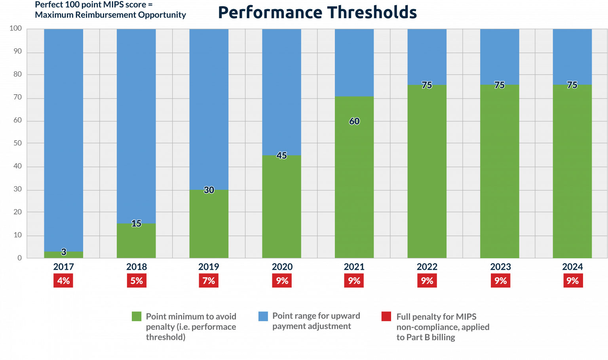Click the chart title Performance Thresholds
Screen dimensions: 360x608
(x=317, y=12)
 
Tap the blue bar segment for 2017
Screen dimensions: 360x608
(x=63, y=139)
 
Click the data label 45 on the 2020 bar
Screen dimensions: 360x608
(x=281, y=156)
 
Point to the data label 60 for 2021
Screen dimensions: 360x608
(x=354, y=121)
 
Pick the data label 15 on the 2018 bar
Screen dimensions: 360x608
(x=136, y=224)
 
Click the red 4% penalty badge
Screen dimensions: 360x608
(x=63, y=281)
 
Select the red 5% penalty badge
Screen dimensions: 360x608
(x=137, y=281)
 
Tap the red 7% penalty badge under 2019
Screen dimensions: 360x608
(x=209, y=281)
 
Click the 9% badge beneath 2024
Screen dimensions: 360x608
(x=573, y=281)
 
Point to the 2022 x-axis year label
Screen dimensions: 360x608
(x=427, y=267)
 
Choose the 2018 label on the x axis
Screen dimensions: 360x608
(x=137, y=267)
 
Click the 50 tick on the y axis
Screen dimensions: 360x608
(x=18, y=143)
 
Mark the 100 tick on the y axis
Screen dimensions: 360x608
(x=16, y=29)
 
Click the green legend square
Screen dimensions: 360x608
(x=137, y=316)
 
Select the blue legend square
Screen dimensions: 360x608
(x=263, y=316)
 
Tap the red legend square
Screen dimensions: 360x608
(x=386, y=316)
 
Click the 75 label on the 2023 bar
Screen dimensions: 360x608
(x=500, y=85)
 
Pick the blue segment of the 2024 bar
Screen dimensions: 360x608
(x=572, y=55)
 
